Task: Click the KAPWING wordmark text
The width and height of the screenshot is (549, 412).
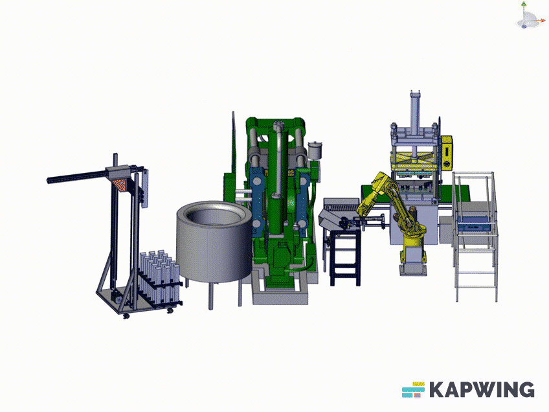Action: click(482, 389)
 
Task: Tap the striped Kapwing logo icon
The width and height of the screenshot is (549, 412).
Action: click(413, 389)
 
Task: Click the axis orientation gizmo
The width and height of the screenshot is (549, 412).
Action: click(528, 16)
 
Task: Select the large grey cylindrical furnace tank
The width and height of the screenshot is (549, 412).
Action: click(214, 241)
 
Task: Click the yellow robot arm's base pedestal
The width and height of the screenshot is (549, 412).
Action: click(413, 266)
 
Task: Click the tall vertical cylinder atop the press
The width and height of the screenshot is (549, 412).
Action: click(415, 113)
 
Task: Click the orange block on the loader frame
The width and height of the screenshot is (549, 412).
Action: click(119, 184)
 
